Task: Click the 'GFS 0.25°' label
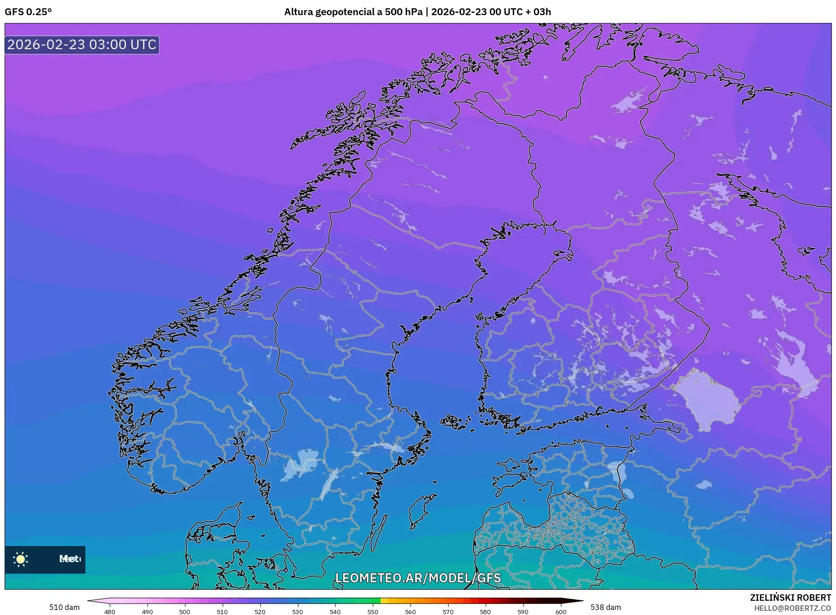[x=28, y=12]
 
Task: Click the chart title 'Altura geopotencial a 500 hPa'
[x=353, y=12]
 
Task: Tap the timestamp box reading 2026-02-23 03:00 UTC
[x=82, y=45]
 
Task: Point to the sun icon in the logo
[x=21, y=559]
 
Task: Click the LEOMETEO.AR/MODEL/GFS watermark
[x=418, y=578]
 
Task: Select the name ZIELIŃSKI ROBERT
[x=790, y=598]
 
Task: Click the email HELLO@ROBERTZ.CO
[x=792, y=608]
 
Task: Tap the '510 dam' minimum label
[x=64, y=607]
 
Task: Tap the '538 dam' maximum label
[x=606, y=607]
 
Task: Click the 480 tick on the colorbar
[x=110, y=612]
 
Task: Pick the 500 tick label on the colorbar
[x=185, y=612]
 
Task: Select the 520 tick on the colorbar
[x=260, y=612]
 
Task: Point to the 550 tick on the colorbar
[x=373, y=612]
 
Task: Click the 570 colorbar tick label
[x=448, y=612]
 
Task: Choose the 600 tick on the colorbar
[x=561, y=612]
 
